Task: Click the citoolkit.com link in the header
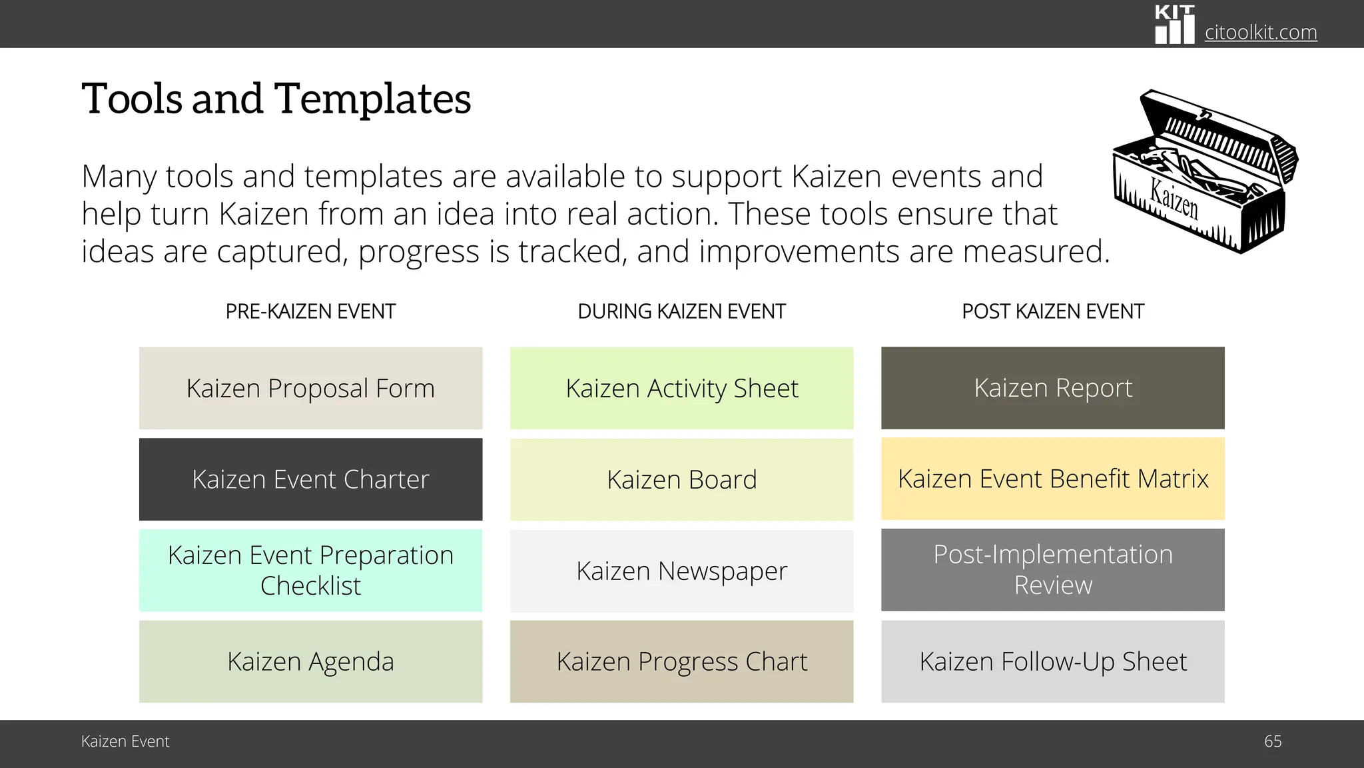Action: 1260,32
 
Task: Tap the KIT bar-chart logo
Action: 1174,25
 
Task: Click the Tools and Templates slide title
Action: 276,99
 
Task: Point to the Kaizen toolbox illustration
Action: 1204,172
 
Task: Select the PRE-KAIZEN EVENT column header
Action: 310,311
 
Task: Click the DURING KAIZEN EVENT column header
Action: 681,311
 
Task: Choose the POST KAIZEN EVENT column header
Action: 1052,311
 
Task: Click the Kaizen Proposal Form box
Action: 310,388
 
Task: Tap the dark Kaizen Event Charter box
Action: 310,479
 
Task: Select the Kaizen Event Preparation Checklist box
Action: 310,570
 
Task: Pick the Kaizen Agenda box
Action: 310,661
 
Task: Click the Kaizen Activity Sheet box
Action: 681,388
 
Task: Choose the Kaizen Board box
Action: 681,479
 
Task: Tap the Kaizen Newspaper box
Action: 681,571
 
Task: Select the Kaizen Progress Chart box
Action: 681,661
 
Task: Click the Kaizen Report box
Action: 1052,388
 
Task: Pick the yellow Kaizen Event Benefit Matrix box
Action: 1052,479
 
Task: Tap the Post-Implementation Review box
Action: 1052,569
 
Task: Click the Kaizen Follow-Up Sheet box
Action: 1052,661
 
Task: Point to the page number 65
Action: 1272,741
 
